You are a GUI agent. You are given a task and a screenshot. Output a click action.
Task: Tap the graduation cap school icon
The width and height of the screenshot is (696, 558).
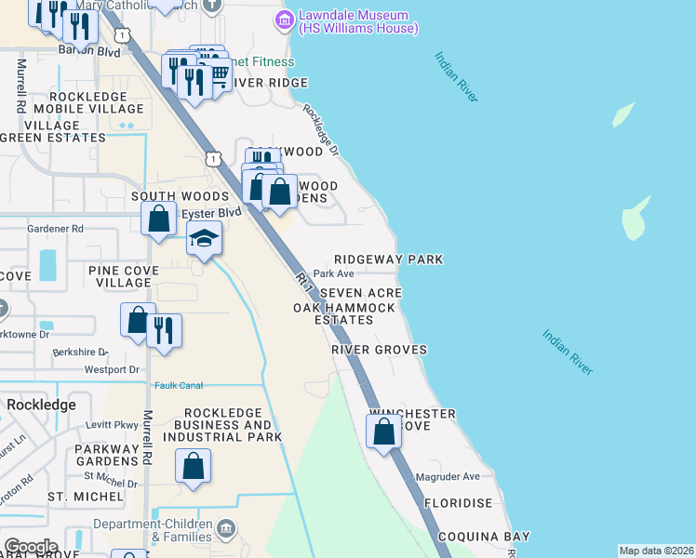(x=204, y=240)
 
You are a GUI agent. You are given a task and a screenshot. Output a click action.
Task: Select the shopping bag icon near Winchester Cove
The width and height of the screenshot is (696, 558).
(x=383, y=432)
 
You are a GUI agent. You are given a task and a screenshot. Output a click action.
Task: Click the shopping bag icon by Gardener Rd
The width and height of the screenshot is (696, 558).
(x=159, y=219)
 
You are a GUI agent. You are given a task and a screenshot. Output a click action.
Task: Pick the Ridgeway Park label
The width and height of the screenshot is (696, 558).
(x=389, y=259)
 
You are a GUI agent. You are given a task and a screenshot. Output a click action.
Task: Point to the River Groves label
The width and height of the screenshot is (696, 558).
(x=380, y=350)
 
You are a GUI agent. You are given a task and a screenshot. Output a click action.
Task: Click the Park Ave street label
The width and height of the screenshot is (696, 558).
(x=334, y=273)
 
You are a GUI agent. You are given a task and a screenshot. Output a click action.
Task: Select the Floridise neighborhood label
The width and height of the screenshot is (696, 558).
(x=458, y=503)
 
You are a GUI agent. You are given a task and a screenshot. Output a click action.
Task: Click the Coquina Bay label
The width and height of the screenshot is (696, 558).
(x=483, y=537)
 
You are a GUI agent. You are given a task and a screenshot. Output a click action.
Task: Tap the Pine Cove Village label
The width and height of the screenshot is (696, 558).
(x=124, y=276)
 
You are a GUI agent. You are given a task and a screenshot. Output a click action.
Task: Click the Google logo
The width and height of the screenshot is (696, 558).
(x=30, y=547)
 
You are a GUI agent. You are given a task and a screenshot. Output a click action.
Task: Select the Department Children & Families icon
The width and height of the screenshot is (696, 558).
(x=226, y=531)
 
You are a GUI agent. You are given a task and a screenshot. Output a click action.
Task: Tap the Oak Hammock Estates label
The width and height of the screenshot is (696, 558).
(x=332, y=313)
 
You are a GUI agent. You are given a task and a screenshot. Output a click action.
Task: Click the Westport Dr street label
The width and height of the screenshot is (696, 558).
(x=111, y=369)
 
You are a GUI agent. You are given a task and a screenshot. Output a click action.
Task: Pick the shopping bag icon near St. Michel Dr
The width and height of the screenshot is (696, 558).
(x=193, y=467)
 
